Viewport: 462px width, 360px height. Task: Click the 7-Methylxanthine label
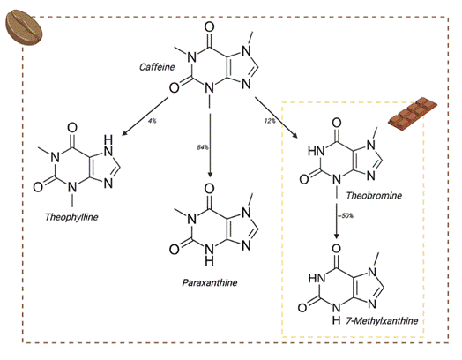coord(382,319)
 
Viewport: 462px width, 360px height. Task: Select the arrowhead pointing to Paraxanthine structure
coord(211,176)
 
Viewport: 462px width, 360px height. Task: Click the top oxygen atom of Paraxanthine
coord(210,187)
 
